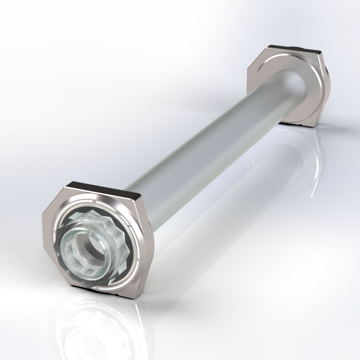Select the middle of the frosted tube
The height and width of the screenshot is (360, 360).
[210, 150]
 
